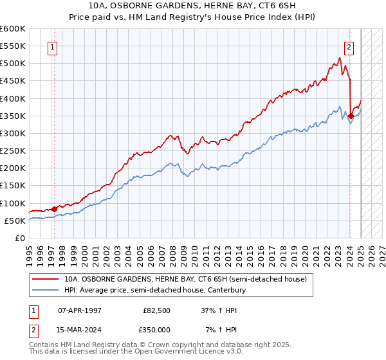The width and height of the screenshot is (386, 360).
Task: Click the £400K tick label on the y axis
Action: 12,98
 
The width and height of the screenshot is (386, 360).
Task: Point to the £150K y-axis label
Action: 12,186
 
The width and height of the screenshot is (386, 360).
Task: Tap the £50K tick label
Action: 15,221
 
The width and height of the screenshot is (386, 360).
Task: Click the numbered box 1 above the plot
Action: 52,46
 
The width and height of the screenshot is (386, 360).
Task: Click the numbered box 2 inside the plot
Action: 349,46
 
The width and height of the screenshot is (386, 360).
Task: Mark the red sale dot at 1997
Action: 54,209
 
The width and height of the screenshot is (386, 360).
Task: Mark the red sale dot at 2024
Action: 351,116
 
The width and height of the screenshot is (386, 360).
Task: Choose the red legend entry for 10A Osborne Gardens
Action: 187,279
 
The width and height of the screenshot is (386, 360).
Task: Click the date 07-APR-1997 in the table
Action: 80,310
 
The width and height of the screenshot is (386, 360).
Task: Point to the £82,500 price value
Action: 156,310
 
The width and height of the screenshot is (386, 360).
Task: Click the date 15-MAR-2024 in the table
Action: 80,330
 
